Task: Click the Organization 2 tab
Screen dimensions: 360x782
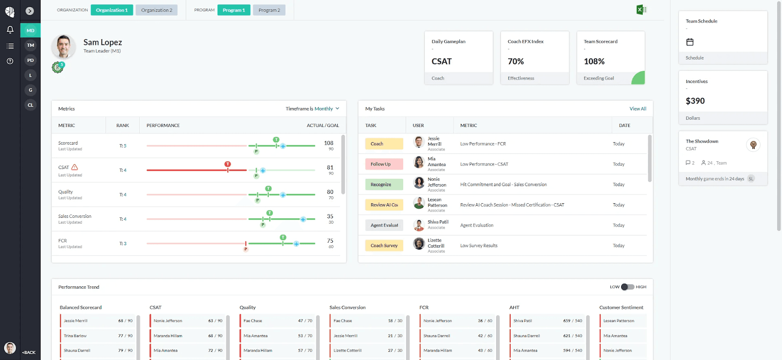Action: (156, 10)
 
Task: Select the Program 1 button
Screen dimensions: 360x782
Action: (234, 10)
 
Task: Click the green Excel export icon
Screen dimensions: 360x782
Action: (641, 10)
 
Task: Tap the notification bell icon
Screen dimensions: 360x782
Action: (10, 30)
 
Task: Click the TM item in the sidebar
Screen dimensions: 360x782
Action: (30, 45)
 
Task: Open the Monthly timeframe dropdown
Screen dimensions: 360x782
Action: (326, 109)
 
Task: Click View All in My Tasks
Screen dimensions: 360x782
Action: (637, 109)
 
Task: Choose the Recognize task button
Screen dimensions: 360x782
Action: (384, 185)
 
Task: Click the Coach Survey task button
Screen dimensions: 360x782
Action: (384, 246)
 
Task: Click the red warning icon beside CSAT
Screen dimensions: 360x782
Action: (75, 167)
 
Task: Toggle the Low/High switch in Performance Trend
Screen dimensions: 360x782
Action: (628, 287)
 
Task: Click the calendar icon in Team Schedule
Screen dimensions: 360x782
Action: (690, 42)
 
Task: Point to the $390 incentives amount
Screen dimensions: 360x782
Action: (695, 101)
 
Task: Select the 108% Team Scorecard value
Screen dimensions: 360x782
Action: (594, 62)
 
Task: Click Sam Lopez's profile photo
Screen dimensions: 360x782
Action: (63, 47)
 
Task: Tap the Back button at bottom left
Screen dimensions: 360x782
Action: (29, 352)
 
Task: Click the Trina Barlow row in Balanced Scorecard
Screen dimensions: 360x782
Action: (98, 336)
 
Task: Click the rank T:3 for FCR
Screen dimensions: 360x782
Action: (123, 244)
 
